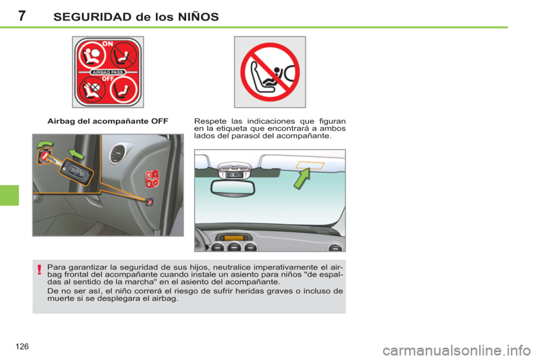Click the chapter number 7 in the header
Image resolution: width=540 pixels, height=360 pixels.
click(21, 16)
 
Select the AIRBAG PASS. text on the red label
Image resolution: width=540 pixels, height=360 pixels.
click(108, 73)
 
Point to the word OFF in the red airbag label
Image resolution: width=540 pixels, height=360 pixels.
click(108, 80)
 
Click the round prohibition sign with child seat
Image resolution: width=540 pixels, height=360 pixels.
click(270, 72)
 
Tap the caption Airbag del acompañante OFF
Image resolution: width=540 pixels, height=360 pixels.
click(109, 120)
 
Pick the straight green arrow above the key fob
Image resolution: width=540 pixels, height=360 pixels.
click(77, 153)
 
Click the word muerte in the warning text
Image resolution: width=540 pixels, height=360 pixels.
click(60, 298)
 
